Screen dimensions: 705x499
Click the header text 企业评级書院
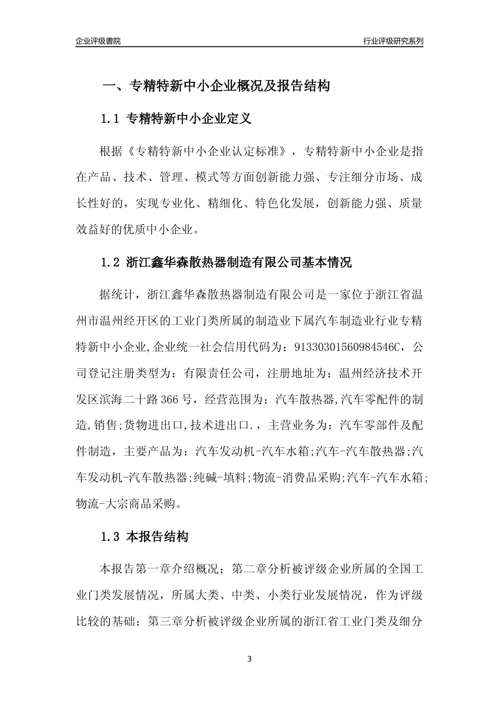pyautogui.click(x=98, y=41)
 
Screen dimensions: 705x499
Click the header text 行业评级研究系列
pyautogui.click(x=393, y=41)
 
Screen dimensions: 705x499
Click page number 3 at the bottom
pyautogui.click(x=250, y=658)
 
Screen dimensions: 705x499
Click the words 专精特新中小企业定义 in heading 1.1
pyautogui.click(x=189, y=119)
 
